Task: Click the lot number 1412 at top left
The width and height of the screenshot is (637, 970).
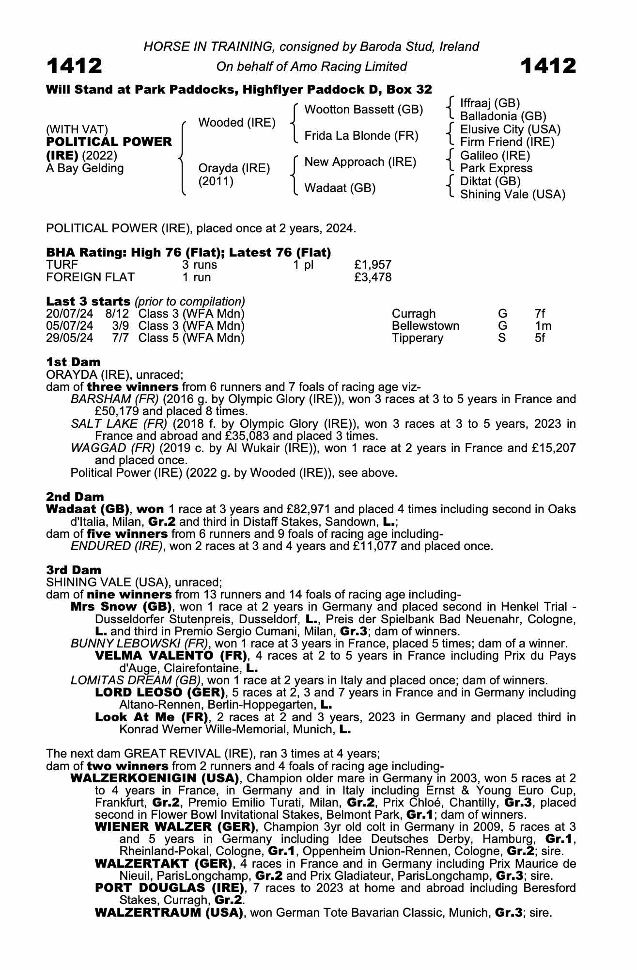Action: (74, 66)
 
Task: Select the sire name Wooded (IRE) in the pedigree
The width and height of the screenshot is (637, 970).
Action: (237, 123)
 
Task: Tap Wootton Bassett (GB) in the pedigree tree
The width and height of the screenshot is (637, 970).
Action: (363, 110)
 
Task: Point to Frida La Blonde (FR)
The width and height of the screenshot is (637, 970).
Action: (361, 136)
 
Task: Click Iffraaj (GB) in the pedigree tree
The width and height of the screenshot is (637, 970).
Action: (490, 103)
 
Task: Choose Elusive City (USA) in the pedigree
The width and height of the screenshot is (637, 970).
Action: (510, 129)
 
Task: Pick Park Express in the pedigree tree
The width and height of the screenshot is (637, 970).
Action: (496, 168)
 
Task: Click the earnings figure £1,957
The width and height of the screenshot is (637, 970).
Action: (373, 265)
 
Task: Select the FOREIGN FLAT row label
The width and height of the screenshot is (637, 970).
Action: (90, 277)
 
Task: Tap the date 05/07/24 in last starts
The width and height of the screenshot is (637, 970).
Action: (69, 325)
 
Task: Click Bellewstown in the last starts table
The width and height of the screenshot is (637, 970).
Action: (425, 325)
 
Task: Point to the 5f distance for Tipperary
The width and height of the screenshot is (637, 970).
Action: (540, 338)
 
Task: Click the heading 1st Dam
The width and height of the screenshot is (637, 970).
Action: (73, 362)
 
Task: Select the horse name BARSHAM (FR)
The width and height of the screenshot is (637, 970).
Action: (115, 399)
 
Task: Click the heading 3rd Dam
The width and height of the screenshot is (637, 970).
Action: (74, 570)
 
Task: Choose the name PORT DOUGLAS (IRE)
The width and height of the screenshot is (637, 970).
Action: (169, 888)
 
